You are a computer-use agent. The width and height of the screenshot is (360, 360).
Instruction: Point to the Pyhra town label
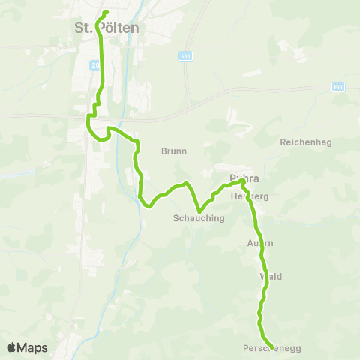click(x=244, y=178)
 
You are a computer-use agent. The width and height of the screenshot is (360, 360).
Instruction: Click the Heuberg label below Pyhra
click(x=250, y=196)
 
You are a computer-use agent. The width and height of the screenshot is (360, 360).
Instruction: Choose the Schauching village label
click(x=199, y=217)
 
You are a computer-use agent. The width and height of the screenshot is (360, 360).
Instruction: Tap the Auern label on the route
click(x=260, y=243)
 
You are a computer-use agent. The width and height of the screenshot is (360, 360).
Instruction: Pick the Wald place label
click(x=270, y=276)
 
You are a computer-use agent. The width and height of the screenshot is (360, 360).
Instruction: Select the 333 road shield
click(x=184, y=56)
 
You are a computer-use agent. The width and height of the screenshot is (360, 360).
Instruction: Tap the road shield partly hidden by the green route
click(x=96, y=66)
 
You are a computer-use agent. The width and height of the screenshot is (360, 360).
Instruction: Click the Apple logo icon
click(x=11, y=347)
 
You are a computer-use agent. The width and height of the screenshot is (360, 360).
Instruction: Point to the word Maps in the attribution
click(x=32, y=347)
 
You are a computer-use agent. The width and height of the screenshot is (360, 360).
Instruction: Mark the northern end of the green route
click(x=106, y=13)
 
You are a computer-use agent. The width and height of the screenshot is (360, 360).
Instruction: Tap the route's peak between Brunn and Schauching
click(x=185, y=182)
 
